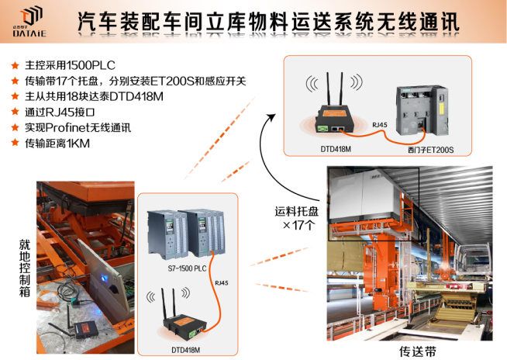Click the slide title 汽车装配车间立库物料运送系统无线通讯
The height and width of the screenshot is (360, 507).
268,22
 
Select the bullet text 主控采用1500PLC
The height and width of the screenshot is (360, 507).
71,65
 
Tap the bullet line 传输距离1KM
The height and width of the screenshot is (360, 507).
57,143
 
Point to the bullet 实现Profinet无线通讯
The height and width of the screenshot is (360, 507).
78,127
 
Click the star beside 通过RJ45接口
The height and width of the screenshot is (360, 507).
16,112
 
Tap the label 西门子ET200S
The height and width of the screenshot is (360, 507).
431,150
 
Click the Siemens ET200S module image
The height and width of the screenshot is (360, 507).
422,111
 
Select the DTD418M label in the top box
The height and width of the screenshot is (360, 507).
336,149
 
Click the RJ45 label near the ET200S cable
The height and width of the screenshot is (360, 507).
380,125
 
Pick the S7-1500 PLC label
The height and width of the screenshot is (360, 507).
187,268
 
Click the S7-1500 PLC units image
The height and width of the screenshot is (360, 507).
186,234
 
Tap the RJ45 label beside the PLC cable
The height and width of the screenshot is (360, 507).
222,283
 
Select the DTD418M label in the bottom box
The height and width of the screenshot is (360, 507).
185,350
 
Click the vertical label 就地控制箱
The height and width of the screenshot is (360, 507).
25,268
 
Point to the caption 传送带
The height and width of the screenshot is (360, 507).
418,351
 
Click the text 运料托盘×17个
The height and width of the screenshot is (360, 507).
297,218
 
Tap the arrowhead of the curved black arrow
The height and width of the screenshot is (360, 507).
271,117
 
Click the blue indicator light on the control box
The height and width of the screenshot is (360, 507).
104,278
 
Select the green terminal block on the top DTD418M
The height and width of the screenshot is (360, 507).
322,129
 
